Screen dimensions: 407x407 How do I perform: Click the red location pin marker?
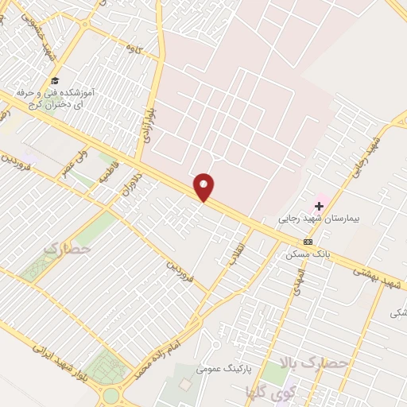(204, 187)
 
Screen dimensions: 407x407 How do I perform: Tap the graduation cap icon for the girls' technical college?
(55, 80)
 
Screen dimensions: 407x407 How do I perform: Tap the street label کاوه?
(133, 48)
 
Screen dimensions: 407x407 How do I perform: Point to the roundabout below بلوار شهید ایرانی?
(110, 394)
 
